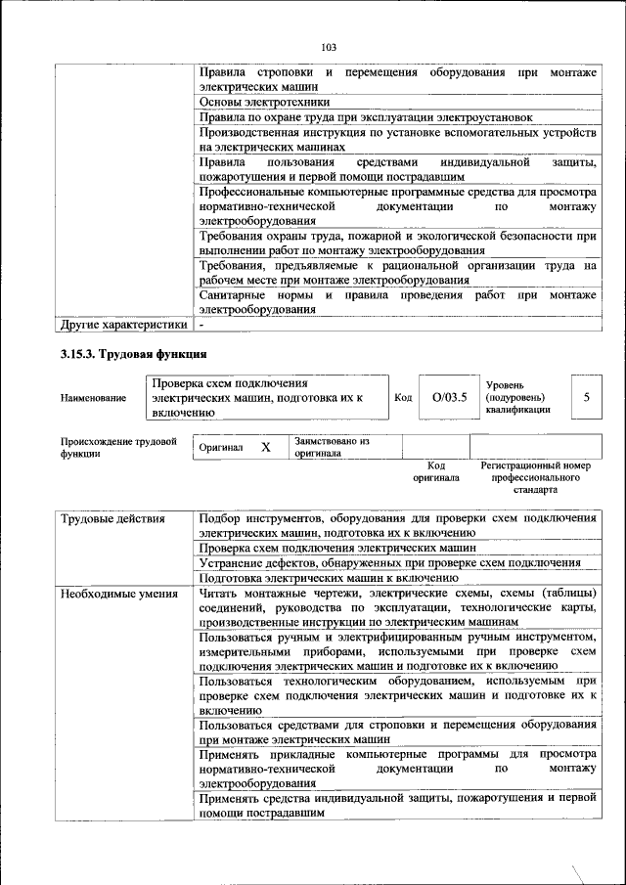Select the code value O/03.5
(449, 398)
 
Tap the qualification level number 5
(586, 398)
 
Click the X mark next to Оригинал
(265, 447)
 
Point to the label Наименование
(93, 398)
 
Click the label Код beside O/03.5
(403, 398)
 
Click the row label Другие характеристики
(122, 324)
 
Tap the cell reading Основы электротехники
(264, 102)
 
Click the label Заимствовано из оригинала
(332, 448)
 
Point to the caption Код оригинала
(435, 472)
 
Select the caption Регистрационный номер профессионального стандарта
(536, 477)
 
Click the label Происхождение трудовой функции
(118, 448)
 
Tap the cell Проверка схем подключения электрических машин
(336, 549)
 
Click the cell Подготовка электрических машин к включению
(328, 578)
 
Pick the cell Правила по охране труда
(365, 117)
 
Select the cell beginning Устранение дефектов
(389, 563)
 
